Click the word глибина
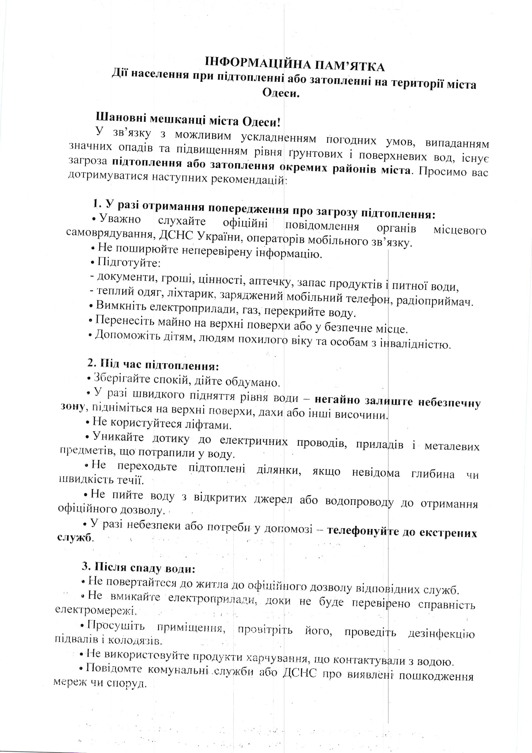click(432, 474)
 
